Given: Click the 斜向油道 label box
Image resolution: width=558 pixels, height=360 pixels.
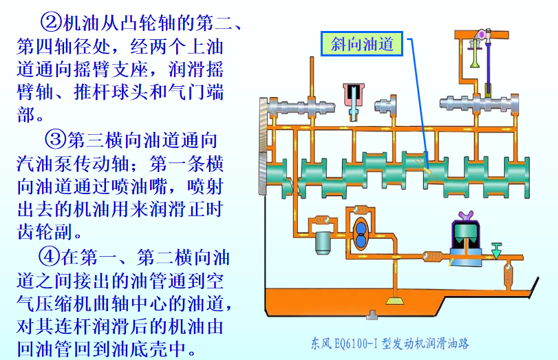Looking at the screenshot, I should (361, 45).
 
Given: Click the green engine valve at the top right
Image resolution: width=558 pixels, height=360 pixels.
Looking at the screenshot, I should (473, 55).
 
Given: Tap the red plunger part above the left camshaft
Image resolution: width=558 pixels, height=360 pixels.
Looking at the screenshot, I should (354, 92).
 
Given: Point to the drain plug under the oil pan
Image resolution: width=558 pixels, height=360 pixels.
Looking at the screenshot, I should (372, 315).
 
